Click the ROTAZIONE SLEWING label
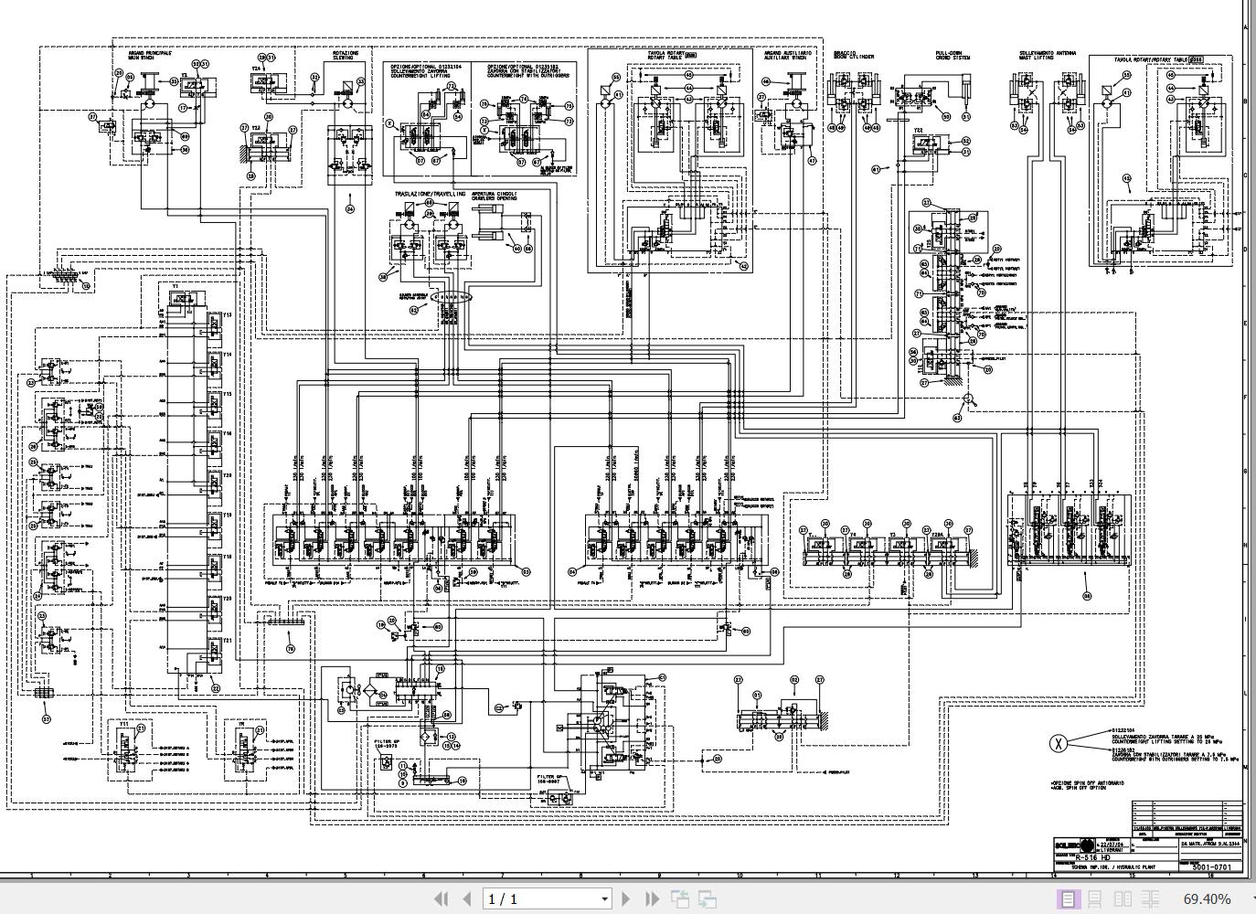pyautogui.click(x=346, y=56)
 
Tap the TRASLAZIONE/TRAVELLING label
pyautogui.click(x=430, y=195)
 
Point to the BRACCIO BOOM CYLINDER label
pyautogui.click(x=853, y=55)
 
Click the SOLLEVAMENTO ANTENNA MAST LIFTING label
pyautogui.click(x=1047, y=56)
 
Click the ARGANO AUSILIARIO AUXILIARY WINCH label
pyautogui.click(x=787, y=56)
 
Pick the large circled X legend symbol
pyautogui.click(x=1059, y=743)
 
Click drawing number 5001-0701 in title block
pyautogui.click(x=1212, y=867)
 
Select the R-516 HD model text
pyautogui.click(x=1092, y=858)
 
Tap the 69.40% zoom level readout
pyautogui.click(x=1207, y=899)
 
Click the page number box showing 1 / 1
pyautogui.click(x=547, y=899)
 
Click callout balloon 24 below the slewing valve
pyautogui.click(x=350, y=209)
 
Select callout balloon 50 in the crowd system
pyautogui.click(x=945, y=117)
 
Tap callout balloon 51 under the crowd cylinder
pyautogui.click(x=967, y=117)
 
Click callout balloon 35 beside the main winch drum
pyautogui.click(x=174, y=81)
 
